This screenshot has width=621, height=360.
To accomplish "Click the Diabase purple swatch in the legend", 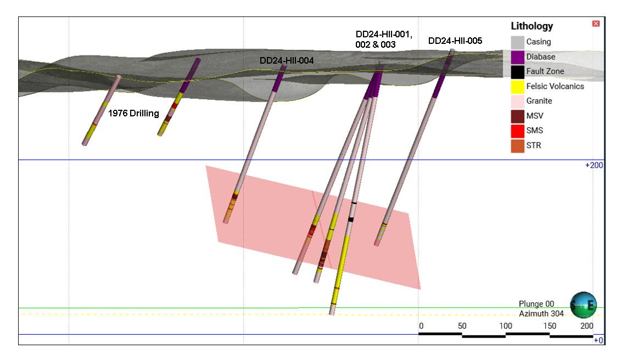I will pyautogui.click(x=517, y=57).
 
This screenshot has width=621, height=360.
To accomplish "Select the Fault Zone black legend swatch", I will pyautogui.click(x=517, y=71).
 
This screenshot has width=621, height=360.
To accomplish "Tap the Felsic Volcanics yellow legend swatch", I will pyautogui.click(x=517, y=86).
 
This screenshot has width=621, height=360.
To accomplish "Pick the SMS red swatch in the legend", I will pyautogui.click(x=517, y=131).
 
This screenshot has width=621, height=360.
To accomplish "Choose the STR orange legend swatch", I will pyautogui.click(x=517, y=145).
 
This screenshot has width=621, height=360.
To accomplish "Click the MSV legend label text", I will pyautogui.click(x=535, y=116).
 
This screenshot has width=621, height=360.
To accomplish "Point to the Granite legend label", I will pyautogui.click(x=539, y=101).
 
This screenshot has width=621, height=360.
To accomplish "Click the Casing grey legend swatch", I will pyautogui.click(x=517, y=42).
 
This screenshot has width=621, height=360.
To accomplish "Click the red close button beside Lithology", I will pyautogui.click(x=596, y=24).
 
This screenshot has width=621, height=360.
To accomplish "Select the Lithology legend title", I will pyautogui.click(x=532, y=26).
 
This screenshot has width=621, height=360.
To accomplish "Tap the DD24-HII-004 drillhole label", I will pyautogui.click(x=287, y=60).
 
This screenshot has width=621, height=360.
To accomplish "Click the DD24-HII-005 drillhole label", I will pyautogui.click(x=455, y=41).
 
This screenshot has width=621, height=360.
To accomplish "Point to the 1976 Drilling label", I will pyautogui.click(x=133, y=114).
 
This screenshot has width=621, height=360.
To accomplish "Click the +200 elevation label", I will pyautogui.click(x=595, y=165).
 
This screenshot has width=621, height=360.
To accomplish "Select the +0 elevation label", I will pyautogui.click(x=598, y=340).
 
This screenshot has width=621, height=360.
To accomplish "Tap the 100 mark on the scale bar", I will pyautogui.click(x=506, y=326).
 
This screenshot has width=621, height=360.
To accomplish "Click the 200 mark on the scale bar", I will pyautogui.click(x=587, y=326).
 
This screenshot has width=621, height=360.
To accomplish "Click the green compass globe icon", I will pyautogui.click(x=583, y=305).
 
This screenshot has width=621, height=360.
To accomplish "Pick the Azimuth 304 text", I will pyautogui.click(x=541, y=313).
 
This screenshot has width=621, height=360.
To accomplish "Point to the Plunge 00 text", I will pyautogui.click(x=536, y=304).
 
